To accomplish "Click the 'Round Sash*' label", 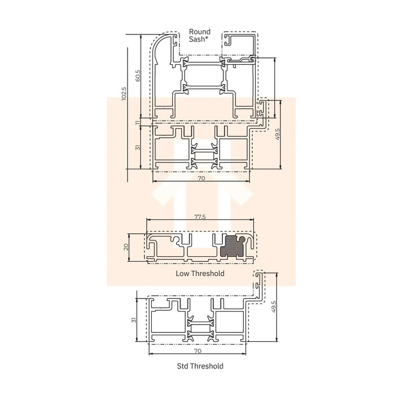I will pos(200,36).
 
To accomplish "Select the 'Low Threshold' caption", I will pos(200,274).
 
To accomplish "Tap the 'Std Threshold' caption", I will pos(200,366).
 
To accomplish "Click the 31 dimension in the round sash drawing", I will pos(138,147).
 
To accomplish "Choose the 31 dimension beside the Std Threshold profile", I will pos(134,320).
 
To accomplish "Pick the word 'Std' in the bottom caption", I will pos(182,366).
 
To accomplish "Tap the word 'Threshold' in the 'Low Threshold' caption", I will pos(208,274).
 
